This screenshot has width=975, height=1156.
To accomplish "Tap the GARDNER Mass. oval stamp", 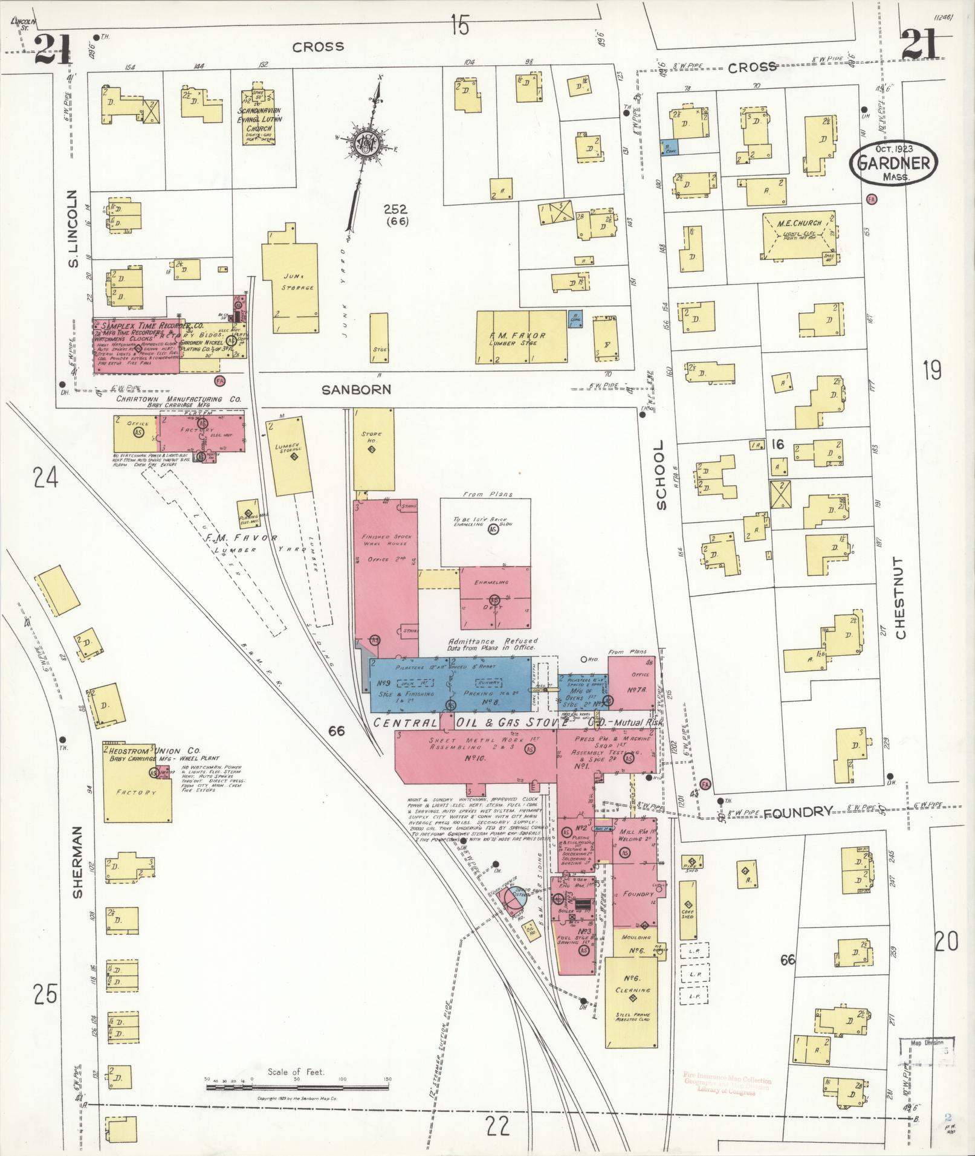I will [893, 162].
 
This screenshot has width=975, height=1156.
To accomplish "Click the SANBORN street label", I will [356, 390].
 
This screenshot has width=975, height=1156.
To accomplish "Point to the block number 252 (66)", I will [396, 215].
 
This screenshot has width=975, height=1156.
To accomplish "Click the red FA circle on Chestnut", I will [871, 198].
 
